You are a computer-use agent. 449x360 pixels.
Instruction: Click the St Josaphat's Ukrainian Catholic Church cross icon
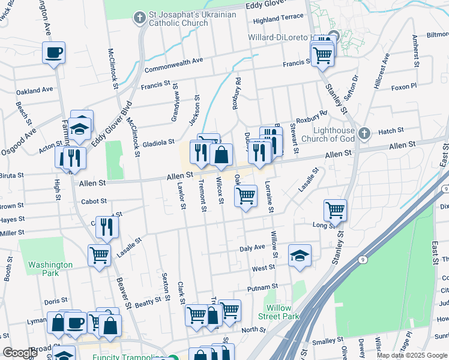click(x=139, y=18)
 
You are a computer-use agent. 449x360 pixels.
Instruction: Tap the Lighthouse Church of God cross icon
click(x=364, y=133)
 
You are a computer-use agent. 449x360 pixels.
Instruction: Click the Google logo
click(x=20, y=353)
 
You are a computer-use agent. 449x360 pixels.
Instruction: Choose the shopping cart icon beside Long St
click(x=335, y=209)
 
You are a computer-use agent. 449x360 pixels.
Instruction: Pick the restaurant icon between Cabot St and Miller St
click(x=107, y=226)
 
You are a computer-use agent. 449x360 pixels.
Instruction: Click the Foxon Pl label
click(x=403, y=87)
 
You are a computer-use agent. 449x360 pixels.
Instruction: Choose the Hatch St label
click(x=391, y=131)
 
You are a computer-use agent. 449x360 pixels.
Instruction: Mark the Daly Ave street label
click(x=252, y=247)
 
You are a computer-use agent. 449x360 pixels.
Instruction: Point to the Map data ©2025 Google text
click(x=411, y=355)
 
